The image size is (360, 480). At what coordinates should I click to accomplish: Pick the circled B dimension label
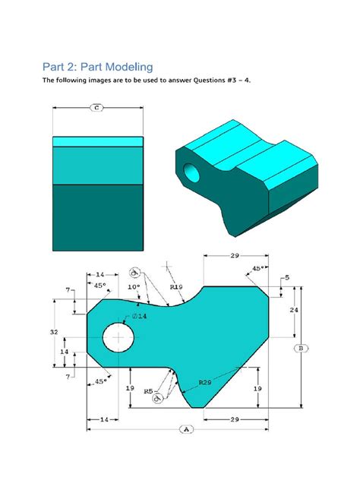(302, 349)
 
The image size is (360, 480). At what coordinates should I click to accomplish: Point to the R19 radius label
(175, 288)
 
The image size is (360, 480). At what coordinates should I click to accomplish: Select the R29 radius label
(204, 382)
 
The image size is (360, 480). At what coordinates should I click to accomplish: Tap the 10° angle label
(134, 287)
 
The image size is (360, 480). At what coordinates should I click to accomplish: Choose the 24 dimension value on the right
(293, 311)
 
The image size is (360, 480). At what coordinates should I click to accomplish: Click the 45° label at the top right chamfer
(257, 268)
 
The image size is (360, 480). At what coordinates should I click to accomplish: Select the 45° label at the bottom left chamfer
(99, 381)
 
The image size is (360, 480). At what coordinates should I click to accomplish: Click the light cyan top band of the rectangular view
(97, 141)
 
